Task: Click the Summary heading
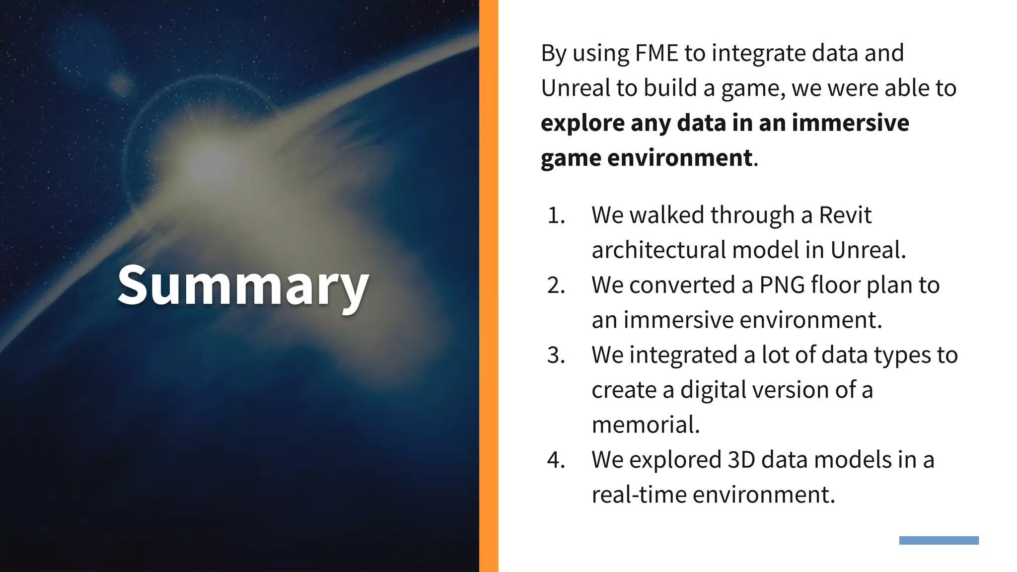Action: pos(243,286)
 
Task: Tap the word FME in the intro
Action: pos(656,53)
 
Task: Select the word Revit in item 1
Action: pos(845,215)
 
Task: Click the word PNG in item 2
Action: pos(782,286)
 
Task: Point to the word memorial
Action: pos(646,425)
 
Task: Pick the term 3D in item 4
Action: pos(741,460)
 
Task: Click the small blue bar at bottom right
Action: pos(939,540)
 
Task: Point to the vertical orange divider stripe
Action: pos(489,286)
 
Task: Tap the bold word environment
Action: pos(679,158)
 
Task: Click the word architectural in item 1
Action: pos(658,250)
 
